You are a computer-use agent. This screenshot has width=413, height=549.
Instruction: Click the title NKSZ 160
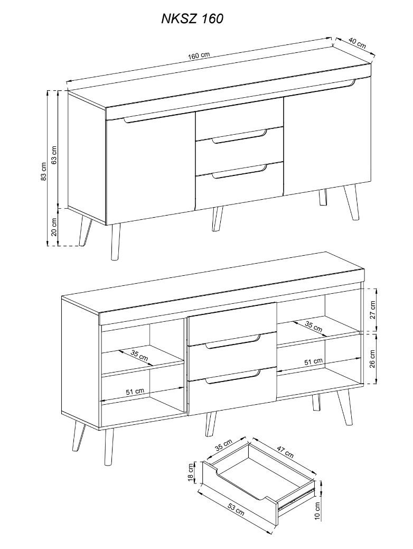click(192, 18)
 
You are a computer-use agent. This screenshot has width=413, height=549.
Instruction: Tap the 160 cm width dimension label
click(198, 55)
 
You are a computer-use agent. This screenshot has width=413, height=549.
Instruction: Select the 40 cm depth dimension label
click(357, 43)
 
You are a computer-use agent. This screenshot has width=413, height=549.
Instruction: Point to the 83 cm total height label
click(43, 171)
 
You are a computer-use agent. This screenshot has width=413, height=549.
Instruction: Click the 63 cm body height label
click(54, 154)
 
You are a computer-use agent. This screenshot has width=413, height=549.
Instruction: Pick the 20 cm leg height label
click(54, 227)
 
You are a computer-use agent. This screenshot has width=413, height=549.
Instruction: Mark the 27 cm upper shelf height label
click(372, 310)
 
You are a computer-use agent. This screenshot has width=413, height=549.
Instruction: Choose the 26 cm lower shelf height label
click(372, 359)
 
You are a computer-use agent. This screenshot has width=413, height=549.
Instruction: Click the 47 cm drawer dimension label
click(285, 451)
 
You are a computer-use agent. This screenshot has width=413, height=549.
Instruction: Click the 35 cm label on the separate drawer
click(223, 446)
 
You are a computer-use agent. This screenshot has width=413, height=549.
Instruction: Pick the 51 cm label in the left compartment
click(135, 392)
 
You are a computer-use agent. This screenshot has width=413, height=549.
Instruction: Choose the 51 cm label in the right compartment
click(313, 361)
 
